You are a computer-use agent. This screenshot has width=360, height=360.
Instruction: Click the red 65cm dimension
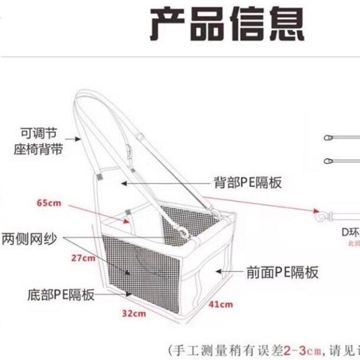[49, 204]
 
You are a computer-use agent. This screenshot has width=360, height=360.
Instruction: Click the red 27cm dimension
[82, 258]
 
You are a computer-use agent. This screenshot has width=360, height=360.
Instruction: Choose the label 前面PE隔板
[283, 272]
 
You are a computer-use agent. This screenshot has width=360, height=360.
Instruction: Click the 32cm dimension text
[133, 313]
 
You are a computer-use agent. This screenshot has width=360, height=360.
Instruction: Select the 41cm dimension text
[220, 305]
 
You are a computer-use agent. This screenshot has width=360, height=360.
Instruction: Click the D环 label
[350, 231]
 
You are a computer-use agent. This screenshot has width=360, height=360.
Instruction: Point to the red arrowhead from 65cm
[129, 221]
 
